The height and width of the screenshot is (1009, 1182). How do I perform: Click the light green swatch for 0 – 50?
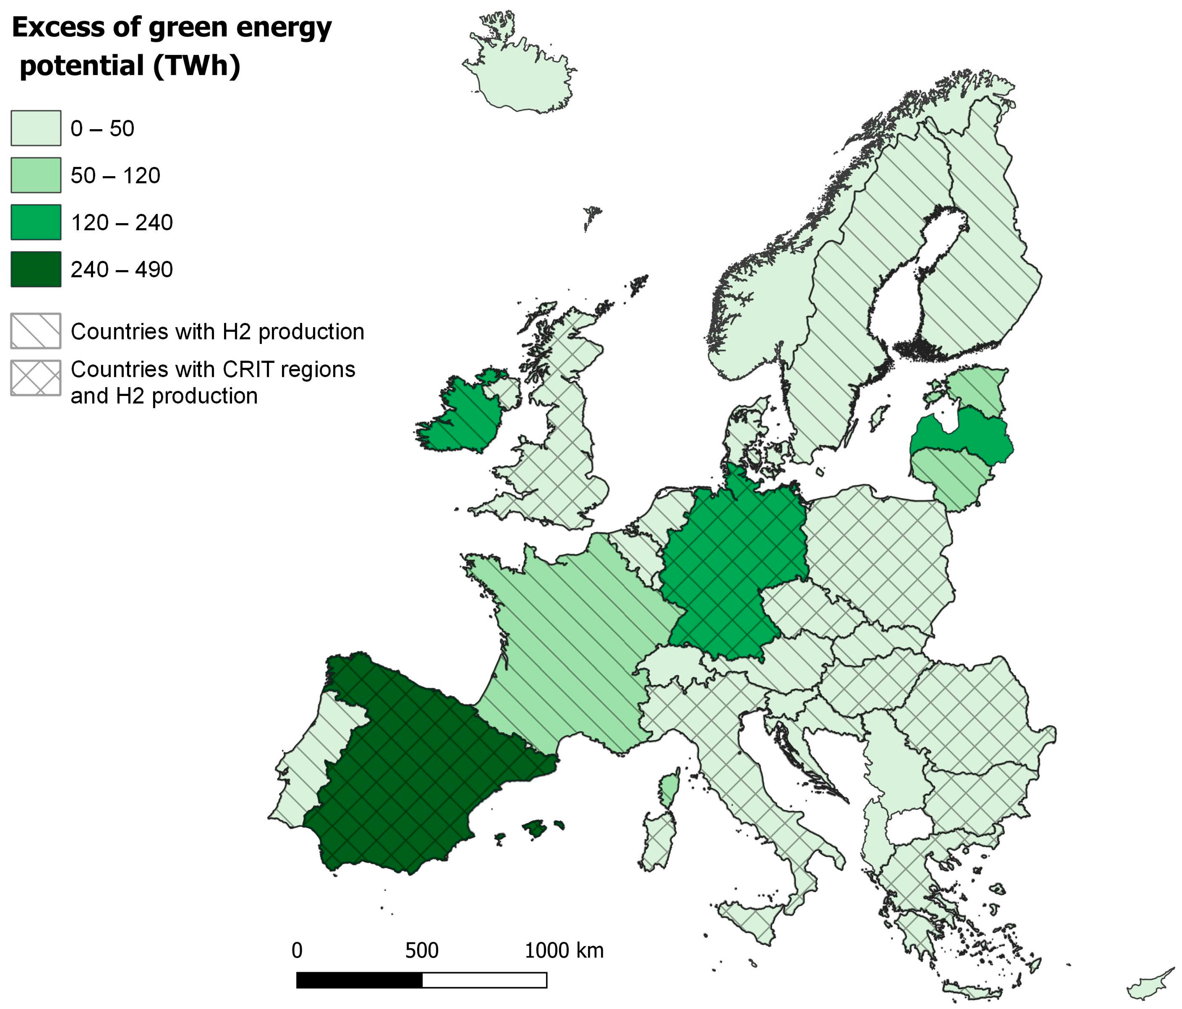[35, 128]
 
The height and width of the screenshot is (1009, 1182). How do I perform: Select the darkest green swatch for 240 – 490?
[35, 269]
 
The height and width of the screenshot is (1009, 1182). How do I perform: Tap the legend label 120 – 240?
[122, 223]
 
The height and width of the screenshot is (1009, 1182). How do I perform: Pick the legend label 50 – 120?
[115, 176]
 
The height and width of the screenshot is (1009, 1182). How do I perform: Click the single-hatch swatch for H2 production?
[35, 331]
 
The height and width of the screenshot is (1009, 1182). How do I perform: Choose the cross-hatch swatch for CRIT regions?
[35, 378]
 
